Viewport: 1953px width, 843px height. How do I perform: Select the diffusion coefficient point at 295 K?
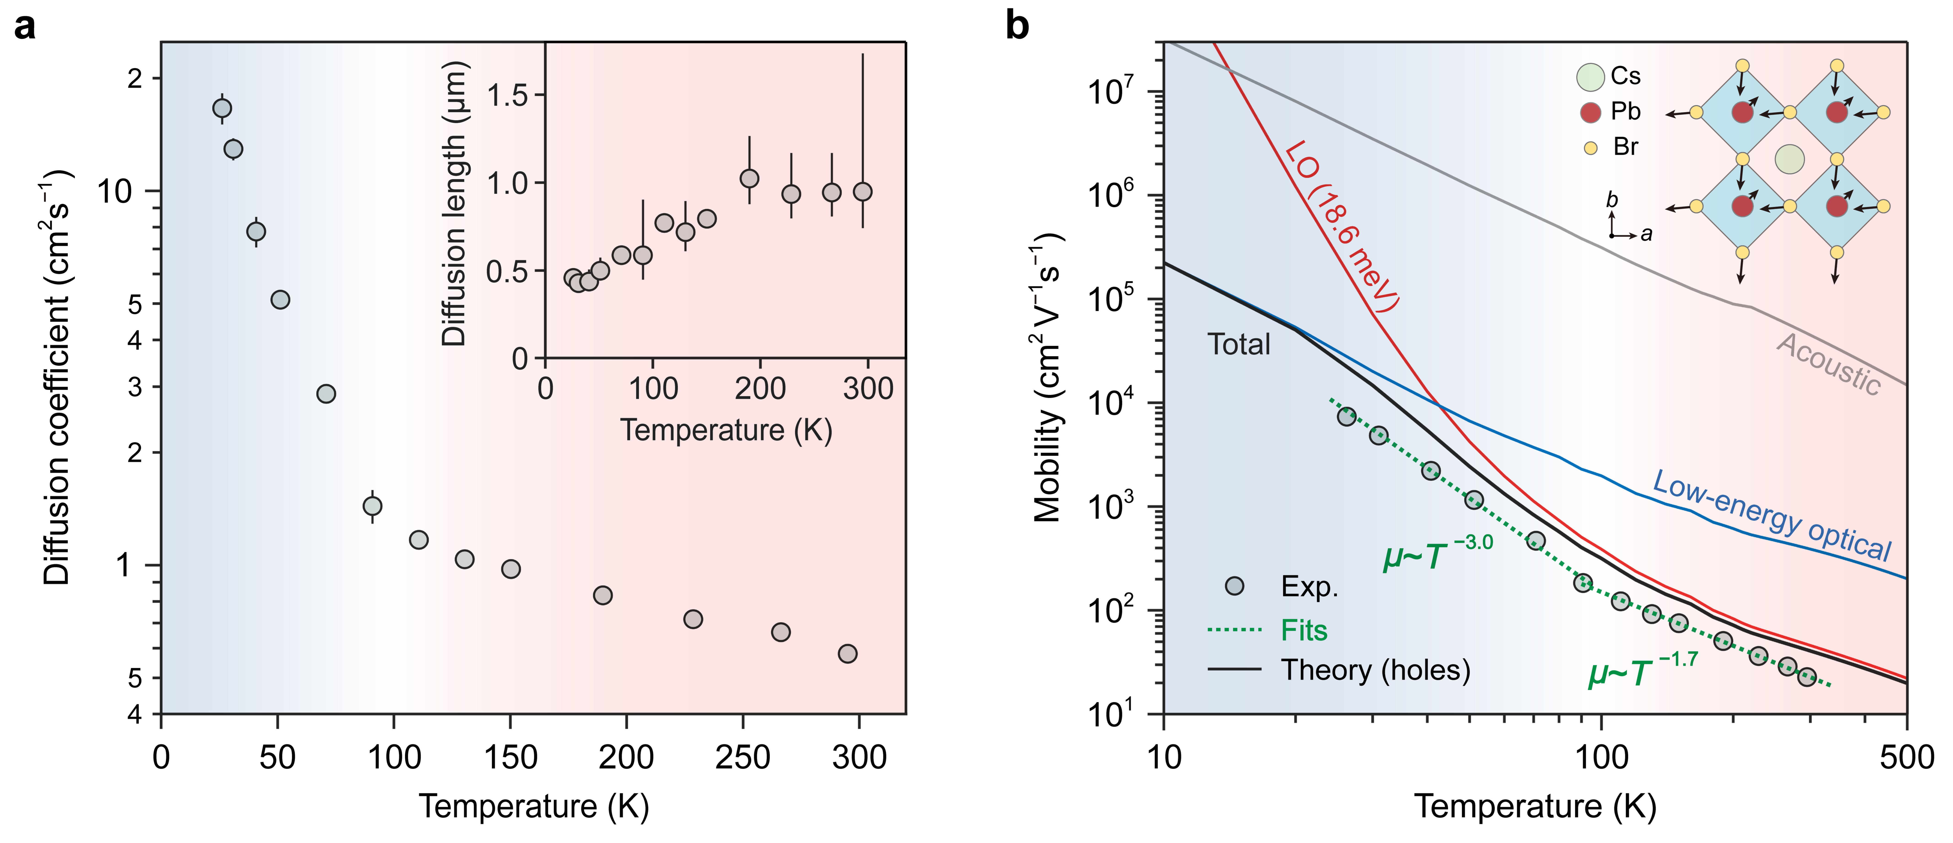click(848, 653)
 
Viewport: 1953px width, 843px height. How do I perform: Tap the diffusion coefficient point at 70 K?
click(326, 393)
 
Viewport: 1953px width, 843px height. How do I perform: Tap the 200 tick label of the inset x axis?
click(760, 389)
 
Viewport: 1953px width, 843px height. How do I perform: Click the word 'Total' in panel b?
click(1239, 345)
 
